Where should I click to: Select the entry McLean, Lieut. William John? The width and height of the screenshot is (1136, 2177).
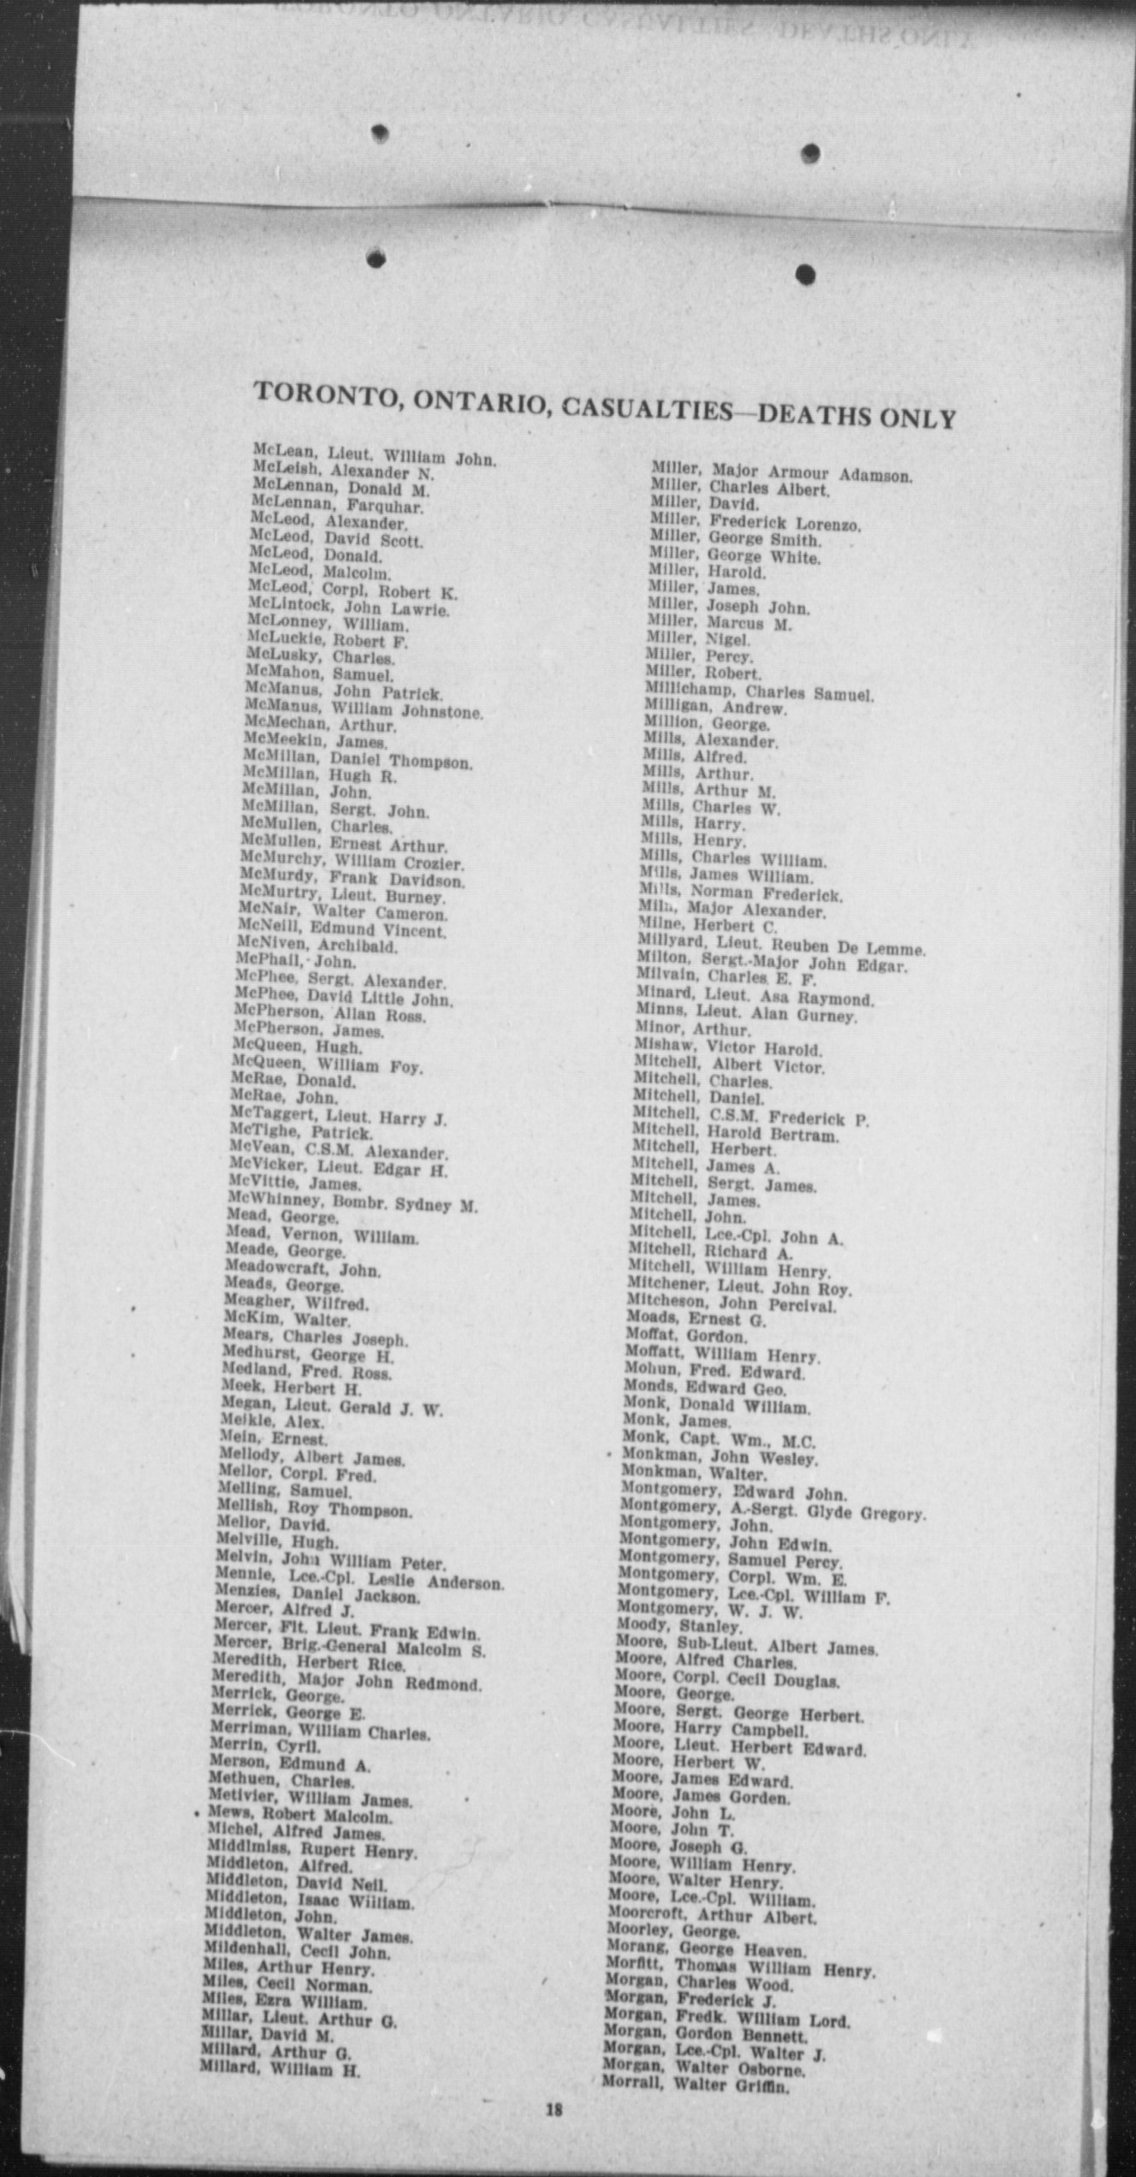click(374, 454)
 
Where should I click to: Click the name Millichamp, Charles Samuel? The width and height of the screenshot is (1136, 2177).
click(760, 692)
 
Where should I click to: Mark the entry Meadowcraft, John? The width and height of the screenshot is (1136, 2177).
click(302, 1269)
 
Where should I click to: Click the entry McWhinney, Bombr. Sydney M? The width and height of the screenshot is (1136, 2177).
click(352, 1204)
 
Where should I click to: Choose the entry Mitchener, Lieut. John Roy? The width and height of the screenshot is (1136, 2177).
click(739, 1288)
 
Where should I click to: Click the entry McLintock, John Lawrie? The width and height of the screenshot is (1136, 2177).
click(348, 608)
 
